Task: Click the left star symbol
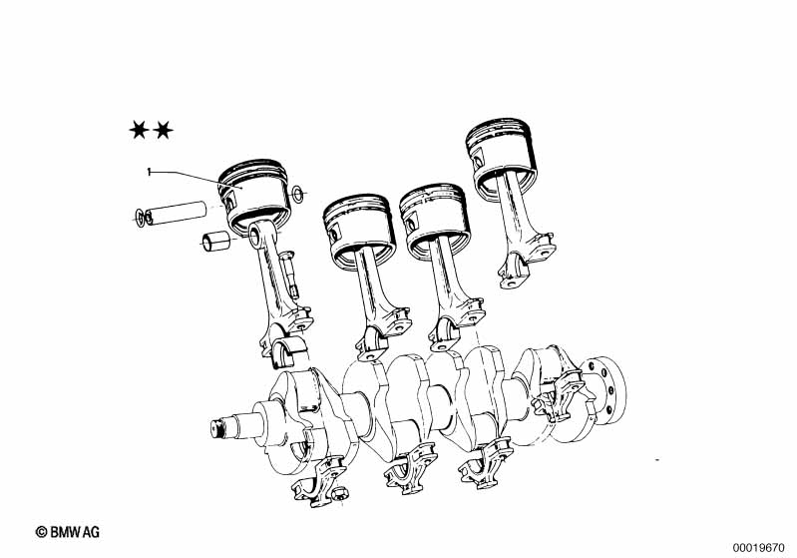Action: point(139,130)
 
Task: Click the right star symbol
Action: point(163,130)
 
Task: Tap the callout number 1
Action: point(149,172)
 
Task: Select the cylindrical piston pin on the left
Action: point(176,214)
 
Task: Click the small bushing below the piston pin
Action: point(215,242)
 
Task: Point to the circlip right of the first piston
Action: point(297,194)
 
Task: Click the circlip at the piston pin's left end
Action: point(139,218)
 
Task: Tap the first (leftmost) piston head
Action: point(254,196)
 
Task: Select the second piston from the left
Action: point(359,229)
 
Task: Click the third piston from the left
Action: point(435,218)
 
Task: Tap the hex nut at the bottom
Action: point(340,492)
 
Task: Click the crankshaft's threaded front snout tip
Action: point(218,428)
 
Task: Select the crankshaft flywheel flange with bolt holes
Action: point(604,390)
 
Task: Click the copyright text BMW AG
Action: point(68,532)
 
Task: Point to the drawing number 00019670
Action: point(758,548)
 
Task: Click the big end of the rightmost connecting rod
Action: point(526,262)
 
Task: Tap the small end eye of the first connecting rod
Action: point(255,234)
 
